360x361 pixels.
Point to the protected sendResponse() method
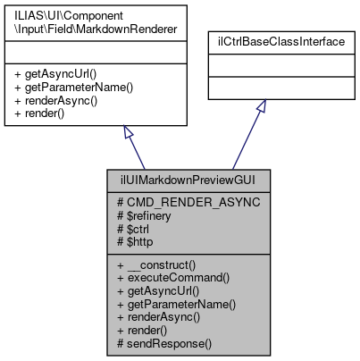click(x=165, y=341)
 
